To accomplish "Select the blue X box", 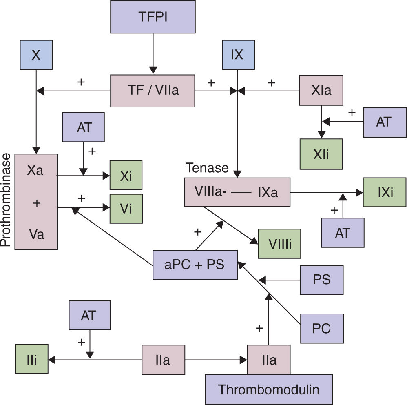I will click(x=36, y=55).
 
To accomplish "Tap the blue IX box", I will click(x=237, y=55).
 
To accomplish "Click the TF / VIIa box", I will click(x=153, y=91).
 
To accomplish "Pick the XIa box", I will click(x=321, y=91).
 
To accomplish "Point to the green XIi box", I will click(x=321, y=154).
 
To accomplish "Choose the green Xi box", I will click(x=126, y=175).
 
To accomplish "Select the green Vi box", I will click(x=126, y=209).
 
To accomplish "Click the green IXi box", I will click(x=384, y=192).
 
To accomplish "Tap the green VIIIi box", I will click(x=279, y=244).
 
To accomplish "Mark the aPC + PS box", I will click(x=195, y=265).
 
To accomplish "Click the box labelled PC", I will click(x=322, y=328).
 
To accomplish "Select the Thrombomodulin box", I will click(x=268, y=389).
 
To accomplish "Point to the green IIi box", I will click(x=32, y=359).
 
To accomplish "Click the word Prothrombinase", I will click(x=6, y=200).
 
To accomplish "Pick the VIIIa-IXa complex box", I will click(x=237, y=192).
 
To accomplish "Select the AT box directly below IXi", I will click(x=343, y=233).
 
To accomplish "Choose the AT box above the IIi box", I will click(x=89, y=316).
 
